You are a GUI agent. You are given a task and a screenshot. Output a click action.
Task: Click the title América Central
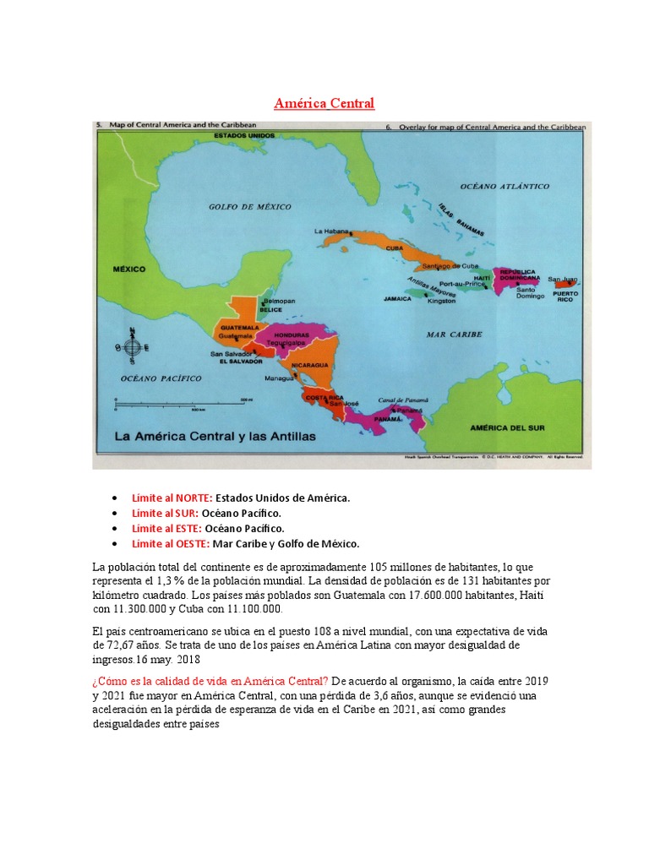[x=324, y=103]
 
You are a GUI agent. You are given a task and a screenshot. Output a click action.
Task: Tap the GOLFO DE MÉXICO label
[x=249, y=207]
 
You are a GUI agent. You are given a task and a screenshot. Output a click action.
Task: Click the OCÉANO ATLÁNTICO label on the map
[x=504, y=186]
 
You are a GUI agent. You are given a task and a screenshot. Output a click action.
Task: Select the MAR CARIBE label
[x=454, y=335]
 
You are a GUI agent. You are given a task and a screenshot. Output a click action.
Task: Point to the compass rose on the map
[x=132, y=346]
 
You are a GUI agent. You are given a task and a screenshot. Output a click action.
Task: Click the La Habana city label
[x=330, y=231]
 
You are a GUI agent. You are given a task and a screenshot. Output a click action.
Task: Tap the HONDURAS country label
[x=292, y=335]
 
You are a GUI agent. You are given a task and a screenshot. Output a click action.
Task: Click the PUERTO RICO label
[x=565, y=296]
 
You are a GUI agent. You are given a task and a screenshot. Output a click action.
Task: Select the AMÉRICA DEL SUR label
[x=507, y=428]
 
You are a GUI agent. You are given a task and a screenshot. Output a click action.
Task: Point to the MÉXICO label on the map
[x=129, y=269]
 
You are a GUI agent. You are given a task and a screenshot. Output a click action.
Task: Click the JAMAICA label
[x=397, y=298]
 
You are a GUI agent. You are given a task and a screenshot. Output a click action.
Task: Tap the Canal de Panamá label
[x=403, y=400]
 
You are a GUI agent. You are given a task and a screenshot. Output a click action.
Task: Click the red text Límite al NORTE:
[x=172, y=498]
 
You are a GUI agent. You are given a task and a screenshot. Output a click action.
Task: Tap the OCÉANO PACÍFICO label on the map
[x=161, y=378]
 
